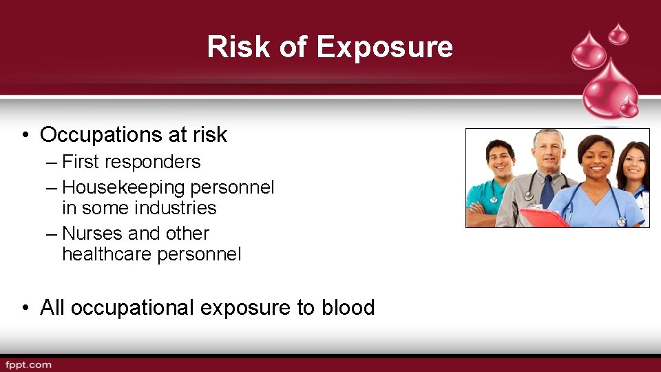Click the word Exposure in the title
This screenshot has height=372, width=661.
[384, 47]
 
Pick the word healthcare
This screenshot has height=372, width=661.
[107, 254]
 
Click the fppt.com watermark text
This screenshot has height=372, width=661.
[28, 364]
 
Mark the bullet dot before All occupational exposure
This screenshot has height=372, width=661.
[25, 307]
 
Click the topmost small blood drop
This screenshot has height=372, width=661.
[618, 32]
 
